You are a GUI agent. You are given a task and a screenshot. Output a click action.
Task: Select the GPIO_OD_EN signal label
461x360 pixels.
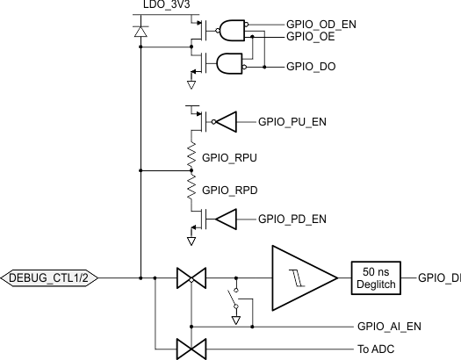tap(321, 24)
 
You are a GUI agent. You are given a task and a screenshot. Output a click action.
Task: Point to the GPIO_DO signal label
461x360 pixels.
tap(309, 67)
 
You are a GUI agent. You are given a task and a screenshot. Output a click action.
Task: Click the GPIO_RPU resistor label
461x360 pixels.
tap(231, 158)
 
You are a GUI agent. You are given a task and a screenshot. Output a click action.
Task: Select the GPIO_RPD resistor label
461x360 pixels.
tap(231, 189)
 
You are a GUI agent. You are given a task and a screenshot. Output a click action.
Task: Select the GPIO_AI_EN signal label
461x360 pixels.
tap(389, 327)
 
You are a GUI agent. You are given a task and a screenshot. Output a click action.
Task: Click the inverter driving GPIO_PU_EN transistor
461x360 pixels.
tap(225, 121)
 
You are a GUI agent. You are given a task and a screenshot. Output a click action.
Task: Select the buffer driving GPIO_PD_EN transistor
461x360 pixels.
tap(225, 219)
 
